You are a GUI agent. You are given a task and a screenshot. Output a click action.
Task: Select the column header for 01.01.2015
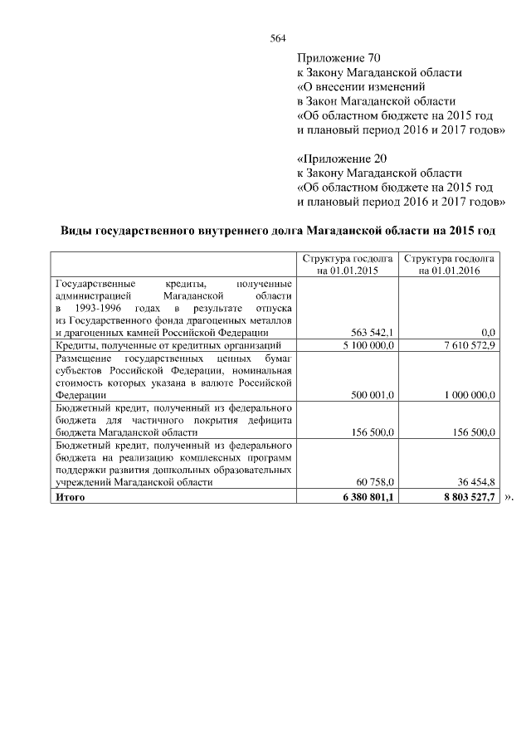point(347,265)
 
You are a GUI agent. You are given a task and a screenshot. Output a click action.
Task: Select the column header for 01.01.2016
point(449,265)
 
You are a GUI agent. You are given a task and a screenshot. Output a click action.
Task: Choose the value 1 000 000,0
point(469,396)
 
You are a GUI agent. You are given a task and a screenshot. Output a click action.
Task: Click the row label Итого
point(70,496)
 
